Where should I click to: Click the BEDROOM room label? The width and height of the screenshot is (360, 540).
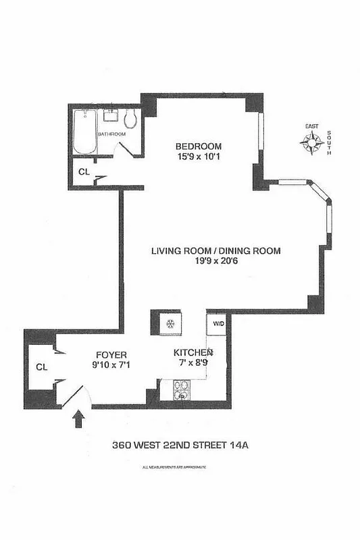198,146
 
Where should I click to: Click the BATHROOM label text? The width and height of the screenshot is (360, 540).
111,134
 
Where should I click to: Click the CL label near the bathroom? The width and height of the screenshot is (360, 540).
84,171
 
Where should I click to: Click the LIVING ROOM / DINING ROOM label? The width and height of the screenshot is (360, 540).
215,251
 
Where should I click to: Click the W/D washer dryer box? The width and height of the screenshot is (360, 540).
219,323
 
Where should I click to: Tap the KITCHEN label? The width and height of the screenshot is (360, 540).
194,352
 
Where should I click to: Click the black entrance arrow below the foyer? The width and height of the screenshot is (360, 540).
78,420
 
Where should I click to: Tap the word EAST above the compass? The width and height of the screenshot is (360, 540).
311,126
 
